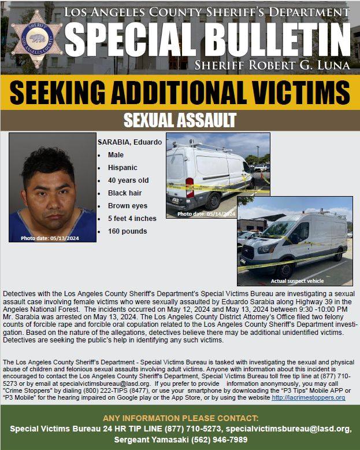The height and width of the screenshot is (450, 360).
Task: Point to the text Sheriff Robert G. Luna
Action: (272, 63)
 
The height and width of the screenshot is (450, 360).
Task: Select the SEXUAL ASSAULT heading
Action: (180, 120)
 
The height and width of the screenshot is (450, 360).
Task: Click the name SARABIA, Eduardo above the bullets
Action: (129, 142)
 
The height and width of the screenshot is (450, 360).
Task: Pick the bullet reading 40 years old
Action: (128, 180)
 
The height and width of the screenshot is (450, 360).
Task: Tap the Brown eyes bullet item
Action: (127, 206)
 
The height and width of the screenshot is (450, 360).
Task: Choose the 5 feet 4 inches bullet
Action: (132, 219)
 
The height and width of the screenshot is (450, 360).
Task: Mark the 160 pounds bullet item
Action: (127, 231)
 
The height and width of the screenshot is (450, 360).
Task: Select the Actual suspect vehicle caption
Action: (298, 281)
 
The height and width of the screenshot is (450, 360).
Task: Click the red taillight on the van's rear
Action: (190, 186)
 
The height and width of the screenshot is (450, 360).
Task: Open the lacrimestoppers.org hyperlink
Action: (308, 398)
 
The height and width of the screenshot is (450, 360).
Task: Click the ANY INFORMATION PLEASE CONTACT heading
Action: (180, 418)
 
